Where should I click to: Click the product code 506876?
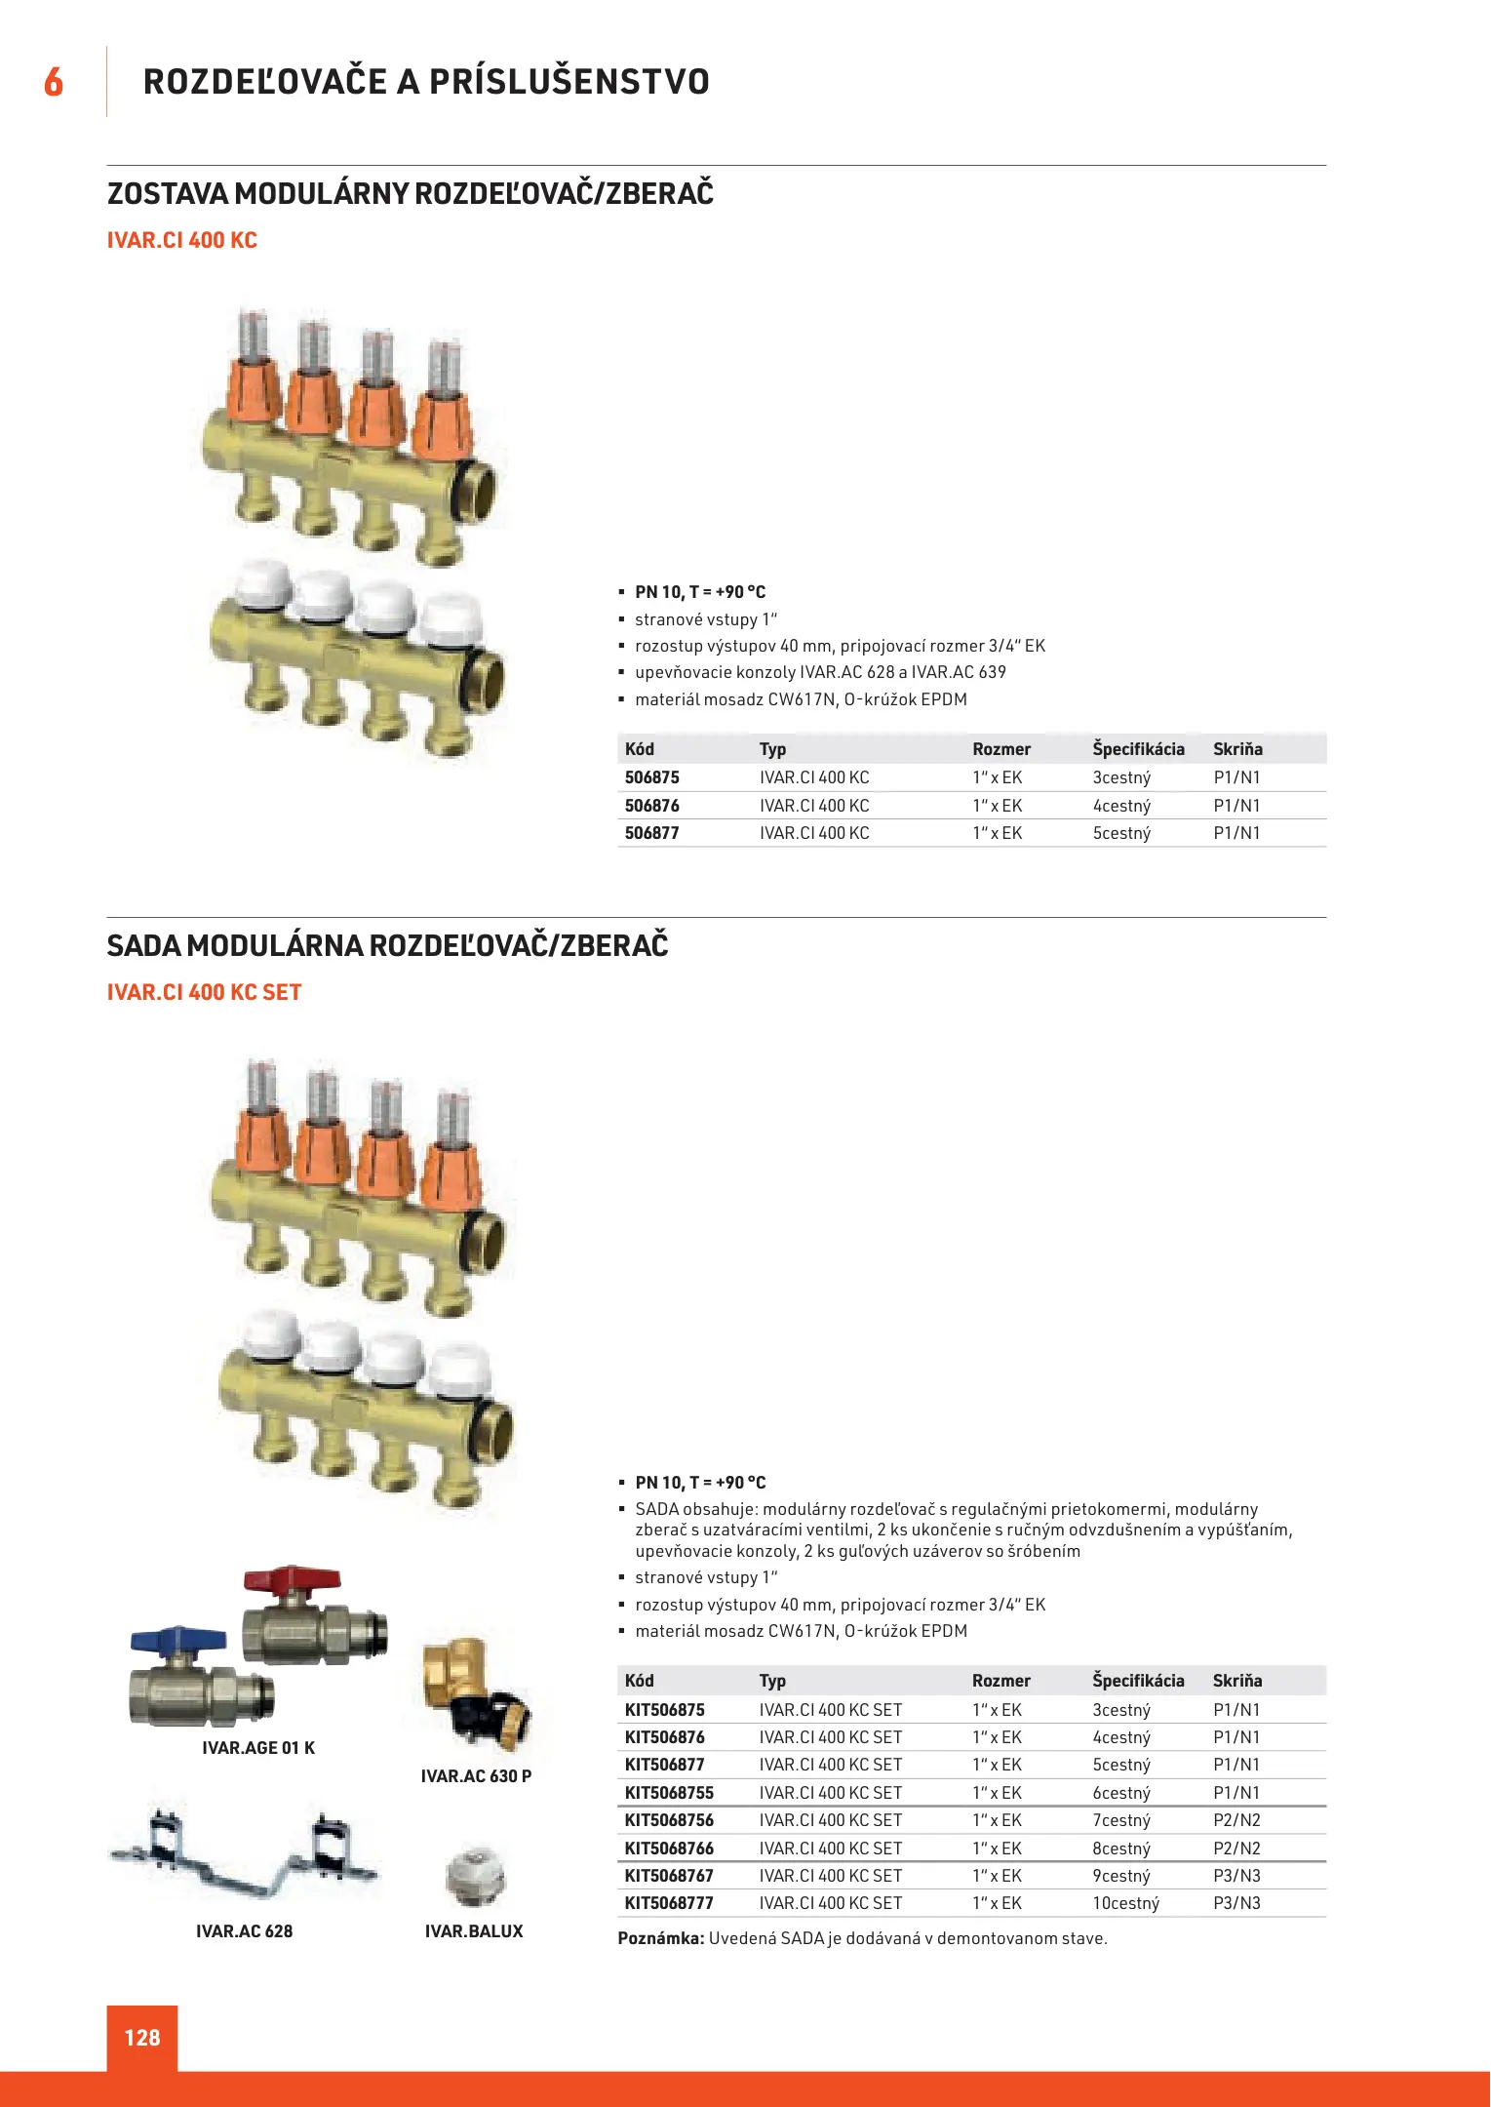[x=651, y=806]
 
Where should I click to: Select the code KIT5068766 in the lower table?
[x=669, y=1849]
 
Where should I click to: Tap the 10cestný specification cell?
[x=1125, y=1903]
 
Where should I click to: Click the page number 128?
[x=142, y=2038]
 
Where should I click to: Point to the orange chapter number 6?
[x=54, y=82]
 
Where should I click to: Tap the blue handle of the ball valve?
[x=166, y=1639]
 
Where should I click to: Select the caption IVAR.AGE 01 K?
[x=258, y=1748]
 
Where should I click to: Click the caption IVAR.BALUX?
[x=474, y=1931]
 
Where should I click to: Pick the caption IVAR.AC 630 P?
[x=476, y=1776]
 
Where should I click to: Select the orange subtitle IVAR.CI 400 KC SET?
[x=204, y=992]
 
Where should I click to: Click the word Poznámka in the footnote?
[x=660, y=1938]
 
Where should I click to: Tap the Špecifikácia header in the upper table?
[x=1138, y=749]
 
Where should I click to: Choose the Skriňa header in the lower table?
[x=1236, y=1681]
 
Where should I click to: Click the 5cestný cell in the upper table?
[x=1121, y=833]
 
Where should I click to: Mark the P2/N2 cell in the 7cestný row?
[x=1236, y=1820]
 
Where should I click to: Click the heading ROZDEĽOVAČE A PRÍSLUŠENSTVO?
[x=426, y=82]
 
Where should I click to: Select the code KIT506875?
[x=664, y=1710]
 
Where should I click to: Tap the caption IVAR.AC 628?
[x=244, y=1931]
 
